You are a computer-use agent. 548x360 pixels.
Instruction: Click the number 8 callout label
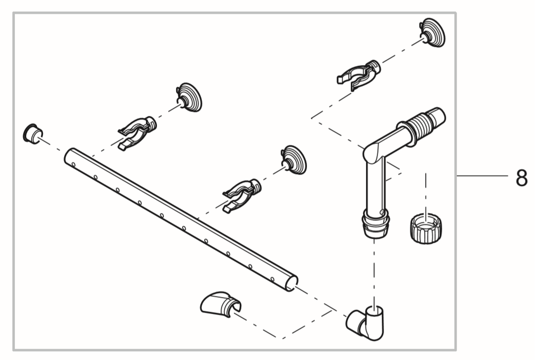pyautogui.click(x=521, y=178)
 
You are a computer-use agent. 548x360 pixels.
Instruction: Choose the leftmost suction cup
pyautogui.click(x=189, y=97)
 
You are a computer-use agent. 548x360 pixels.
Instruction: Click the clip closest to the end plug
pyautogui.click(x=136, y=130)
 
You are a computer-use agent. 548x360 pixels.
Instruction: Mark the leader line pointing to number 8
pyautogui.click(x=481, y=176)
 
